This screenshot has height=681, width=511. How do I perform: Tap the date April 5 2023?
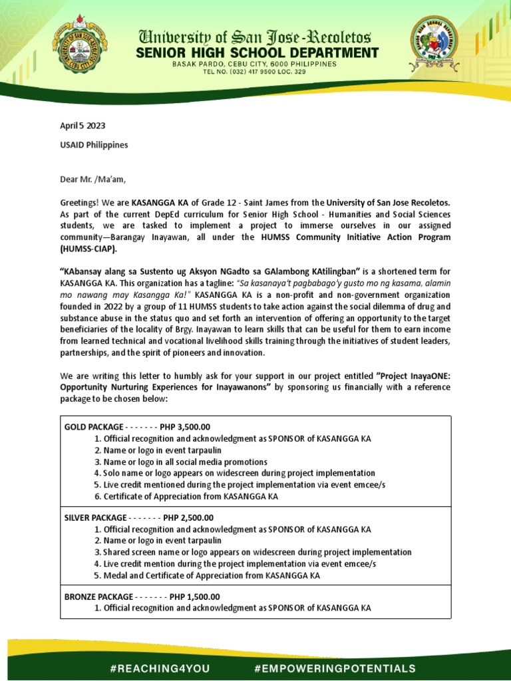click(83, 126)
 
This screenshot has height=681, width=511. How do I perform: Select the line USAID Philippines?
click(94, 144)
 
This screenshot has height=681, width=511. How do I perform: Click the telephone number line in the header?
click(255, 71)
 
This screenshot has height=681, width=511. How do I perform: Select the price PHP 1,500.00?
click(194, 597)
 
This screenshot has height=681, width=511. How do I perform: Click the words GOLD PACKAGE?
click(94, 426)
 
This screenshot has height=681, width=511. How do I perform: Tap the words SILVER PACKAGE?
click(95, 517)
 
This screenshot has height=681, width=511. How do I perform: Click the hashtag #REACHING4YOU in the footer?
click(158, 668)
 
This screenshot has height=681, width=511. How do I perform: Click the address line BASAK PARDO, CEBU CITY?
click(255, 64)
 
